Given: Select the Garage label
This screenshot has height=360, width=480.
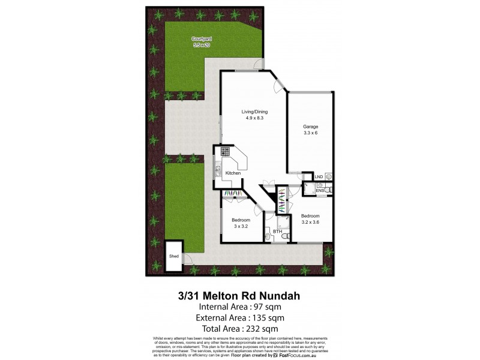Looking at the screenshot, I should tap(310, 127).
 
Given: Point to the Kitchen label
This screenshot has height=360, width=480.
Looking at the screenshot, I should tap(233, 173).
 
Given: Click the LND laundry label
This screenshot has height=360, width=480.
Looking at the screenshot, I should tap(318, 176).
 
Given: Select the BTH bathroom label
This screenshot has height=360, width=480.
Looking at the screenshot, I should tap(277, 231).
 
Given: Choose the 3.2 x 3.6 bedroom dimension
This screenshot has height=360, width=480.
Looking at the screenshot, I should tap(310, 222).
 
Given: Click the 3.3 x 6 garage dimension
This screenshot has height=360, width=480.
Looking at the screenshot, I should tap(310, 133).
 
